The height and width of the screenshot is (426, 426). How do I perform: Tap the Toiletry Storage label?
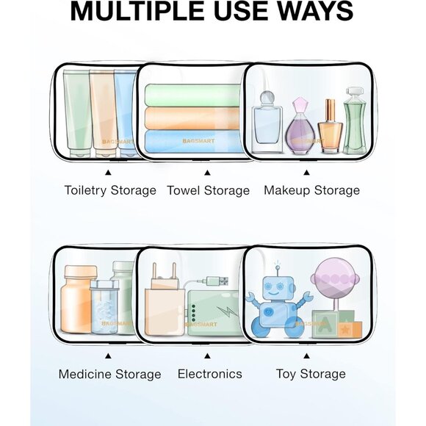110,190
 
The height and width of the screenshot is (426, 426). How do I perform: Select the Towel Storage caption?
208,190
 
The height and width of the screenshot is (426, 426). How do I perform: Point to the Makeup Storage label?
311,190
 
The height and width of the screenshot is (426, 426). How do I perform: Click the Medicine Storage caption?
109,374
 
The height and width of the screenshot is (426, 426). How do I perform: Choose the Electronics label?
210,374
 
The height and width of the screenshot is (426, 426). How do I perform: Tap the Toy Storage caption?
311,374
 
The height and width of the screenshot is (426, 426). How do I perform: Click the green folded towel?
193,95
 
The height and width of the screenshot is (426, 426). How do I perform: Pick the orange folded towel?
193,118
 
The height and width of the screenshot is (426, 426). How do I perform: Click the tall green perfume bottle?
355,120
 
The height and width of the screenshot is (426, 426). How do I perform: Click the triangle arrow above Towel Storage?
207,173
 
